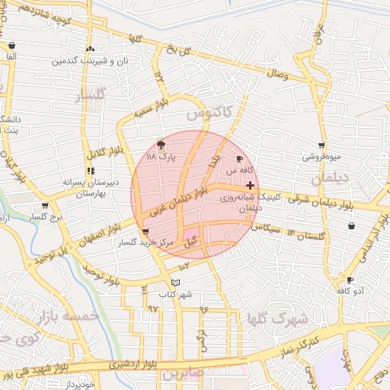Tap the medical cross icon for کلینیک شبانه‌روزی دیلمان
click(x=251, y=185)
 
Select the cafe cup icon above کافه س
click(x=241, y=158)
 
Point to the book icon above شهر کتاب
click(x=176, y=283)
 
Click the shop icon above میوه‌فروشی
click(x=321, y=145)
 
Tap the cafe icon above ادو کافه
click(x=350, y=280)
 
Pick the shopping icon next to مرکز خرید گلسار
click(x=145, y=232)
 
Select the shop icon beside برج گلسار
click(x=45, y=205)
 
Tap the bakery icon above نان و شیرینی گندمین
click(x=91, y=48)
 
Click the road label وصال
click(x=276, y=73)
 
